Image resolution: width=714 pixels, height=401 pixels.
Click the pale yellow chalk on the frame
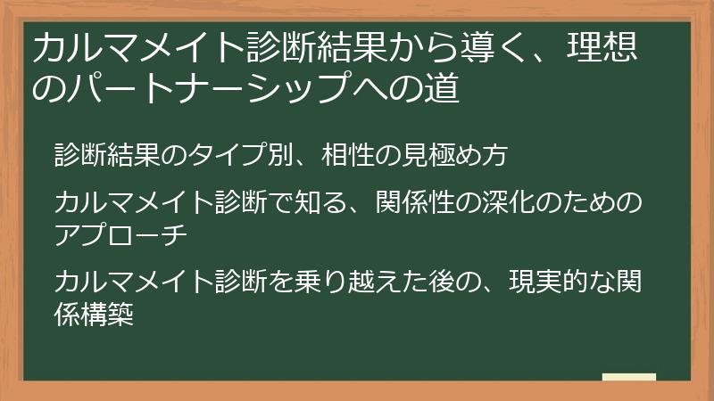tap(628, 378)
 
